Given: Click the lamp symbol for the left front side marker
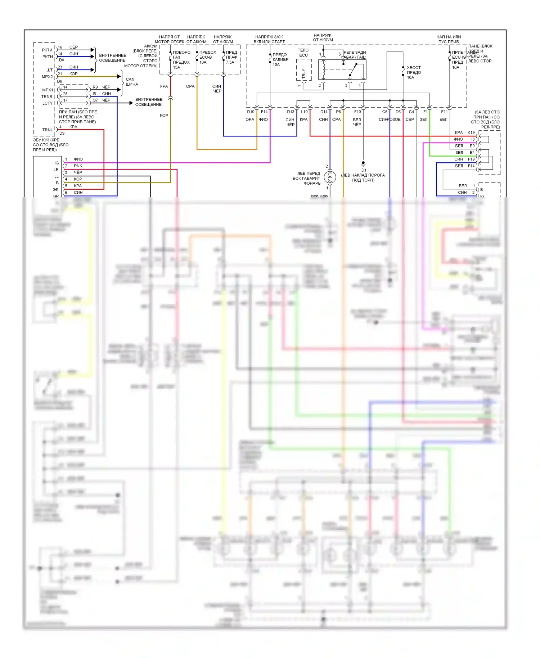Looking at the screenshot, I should [330, 177].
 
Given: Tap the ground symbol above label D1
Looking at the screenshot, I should [363, 163].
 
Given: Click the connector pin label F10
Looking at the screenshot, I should [357, 112].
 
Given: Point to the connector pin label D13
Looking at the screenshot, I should [291, 112].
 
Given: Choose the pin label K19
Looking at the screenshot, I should [471, 132].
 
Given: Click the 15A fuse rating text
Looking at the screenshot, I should [176, 67].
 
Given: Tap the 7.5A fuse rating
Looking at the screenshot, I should [230, 62].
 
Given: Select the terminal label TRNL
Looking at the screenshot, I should [48, 130].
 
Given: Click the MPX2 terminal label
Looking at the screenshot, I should [47, 77].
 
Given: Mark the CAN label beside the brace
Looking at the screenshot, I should [130, 80].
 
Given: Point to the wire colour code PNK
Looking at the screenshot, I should [78, 166].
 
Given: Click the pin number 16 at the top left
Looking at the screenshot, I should [60, 47].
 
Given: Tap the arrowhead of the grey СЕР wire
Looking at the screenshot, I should [93, 50].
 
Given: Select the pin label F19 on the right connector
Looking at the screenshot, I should [471, 159].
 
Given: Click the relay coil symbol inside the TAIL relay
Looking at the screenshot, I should [324, 69].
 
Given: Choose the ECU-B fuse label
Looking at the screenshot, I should [206, 57].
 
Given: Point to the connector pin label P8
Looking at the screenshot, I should [338, 112].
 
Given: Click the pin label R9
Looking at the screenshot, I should [95, 87].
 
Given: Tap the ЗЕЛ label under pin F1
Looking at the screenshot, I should [424, 120].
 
